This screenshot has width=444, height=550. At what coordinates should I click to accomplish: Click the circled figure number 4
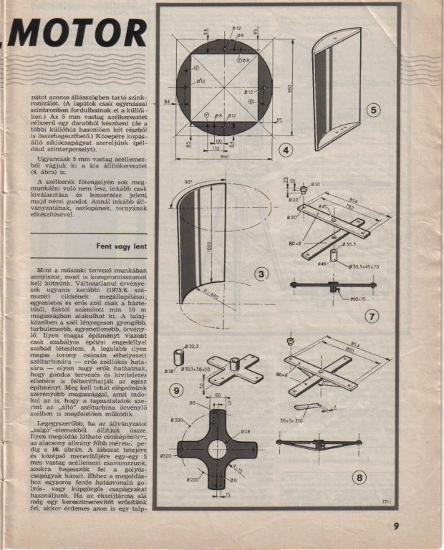coord(285,150)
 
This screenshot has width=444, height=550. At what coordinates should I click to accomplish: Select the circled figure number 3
coord(263,274)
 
